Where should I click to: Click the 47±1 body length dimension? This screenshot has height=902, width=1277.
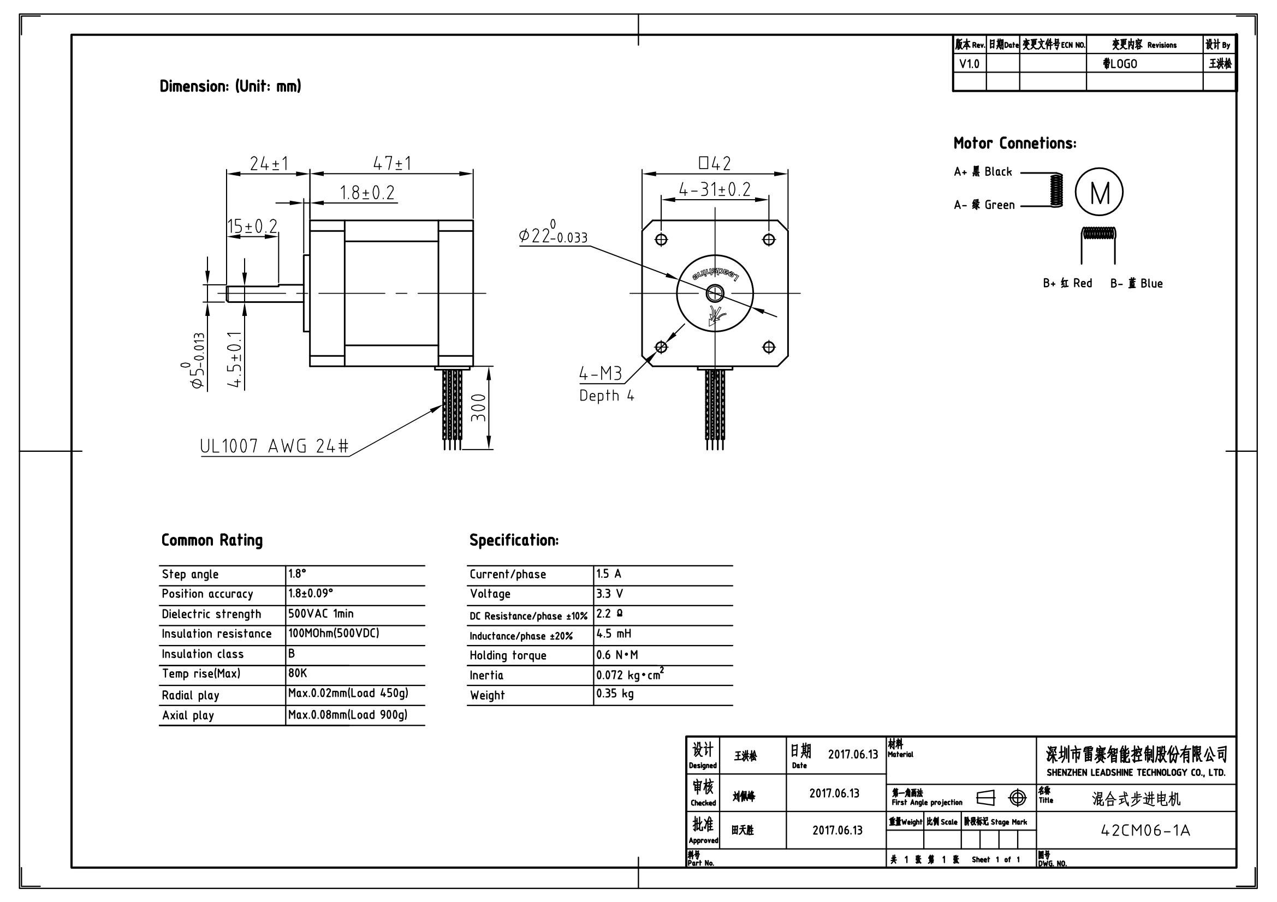pyautogui.click(x=391, y=163)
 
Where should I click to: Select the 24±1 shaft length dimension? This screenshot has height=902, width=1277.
pyautogui.click(x=269, y=164)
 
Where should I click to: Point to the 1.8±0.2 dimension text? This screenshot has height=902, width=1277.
pyautogui.click(x=367, y=193)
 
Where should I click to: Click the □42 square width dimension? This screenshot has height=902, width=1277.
pyautogui.click(x=715, y=163)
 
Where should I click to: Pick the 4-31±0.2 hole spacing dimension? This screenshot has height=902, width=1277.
pyautogui.click(x=715, y=190)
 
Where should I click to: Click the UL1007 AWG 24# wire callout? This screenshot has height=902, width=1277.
pyautogui.click(x=274, y=446)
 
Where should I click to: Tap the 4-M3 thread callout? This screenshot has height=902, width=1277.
pyautogui.click(x=601, y=374)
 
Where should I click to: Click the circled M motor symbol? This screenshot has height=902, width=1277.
pyautogui.click(x=1099, y=192)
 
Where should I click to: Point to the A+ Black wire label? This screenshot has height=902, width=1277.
pyautogui.click(x=983, y=172)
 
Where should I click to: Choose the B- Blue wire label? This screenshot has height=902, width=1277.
pyautogui.click(x=1136, y=283)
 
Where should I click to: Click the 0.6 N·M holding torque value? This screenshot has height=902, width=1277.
pyautogui.click(x=617, y=655)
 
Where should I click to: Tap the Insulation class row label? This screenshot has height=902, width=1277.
pyautogui.click(x=203, y=654)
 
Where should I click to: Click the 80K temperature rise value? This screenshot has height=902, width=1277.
pyautogui.click(x=298, y=673)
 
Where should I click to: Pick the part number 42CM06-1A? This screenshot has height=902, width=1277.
pyautogui.click(x=1145, y=831)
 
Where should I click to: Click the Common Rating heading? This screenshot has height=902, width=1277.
pyautogui.click(x=212, y=540)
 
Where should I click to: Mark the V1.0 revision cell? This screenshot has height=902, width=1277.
pyautogui.click(x=969, y=64)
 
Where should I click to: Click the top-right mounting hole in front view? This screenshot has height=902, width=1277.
pyautogui.click(x=769, y=240)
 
